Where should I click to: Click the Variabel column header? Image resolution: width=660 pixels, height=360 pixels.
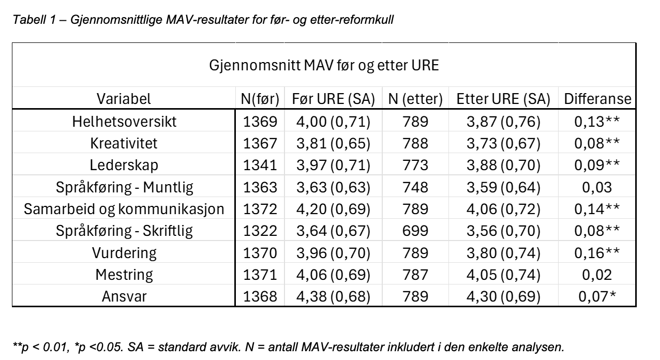[124, 99]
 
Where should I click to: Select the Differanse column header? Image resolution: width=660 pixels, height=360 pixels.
[597, 99]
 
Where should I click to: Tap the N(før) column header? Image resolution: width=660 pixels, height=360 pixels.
[260, 99]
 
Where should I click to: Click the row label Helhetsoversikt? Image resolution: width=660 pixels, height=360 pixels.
[124, 122]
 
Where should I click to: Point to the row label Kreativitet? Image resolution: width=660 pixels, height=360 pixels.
[124, 143]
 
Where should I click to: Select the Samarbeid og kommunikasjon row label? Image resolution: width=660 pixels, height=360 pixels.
[124, 209]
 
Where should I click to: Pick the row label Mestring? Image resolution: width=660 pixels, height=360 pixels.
[124, 275]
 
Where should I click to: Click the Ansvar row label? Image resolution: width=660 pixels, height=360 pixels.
[124, 296]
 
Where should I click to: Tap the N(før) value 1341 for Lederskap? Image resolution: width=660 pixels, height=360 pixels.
[260, 165]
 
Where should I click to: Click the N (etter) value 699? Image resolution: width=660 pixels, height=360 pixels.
[415, 231]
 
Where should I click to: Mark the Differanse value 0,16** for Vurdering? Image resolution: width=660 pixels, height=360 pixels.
[597, 253]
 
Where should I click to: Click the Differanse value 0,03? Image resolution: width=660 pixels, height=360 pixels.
[597, 187]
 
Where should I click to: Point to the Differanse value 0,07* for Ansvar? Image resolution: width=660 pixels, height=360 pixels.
[597, 296]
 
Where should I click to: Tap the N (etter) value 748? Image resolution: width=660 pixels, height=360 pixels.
[415, 187]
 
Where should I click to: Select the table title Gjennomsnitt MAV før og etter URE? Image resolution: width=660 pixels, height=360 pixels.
[324, 65]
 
